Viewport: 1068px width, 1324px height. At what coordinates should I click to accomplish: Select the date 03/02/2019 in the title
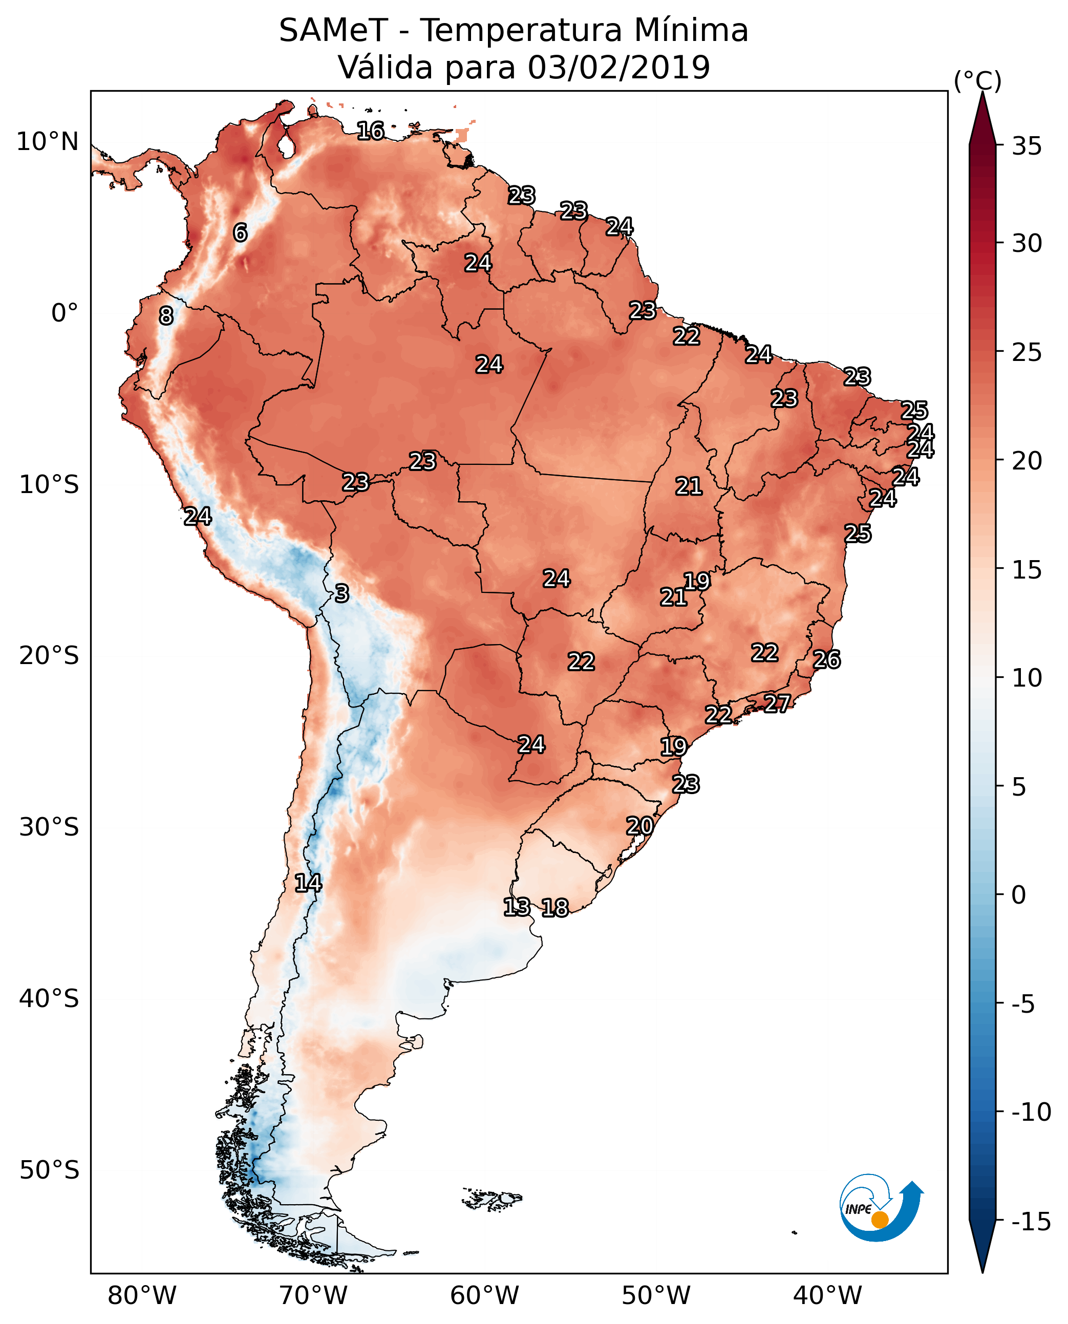619,67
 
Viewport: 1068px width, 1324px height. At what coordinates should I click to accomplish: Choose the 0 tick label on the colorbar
1019,894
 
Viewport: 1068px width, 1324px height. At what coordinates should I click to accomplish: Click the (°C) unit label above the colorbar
977,80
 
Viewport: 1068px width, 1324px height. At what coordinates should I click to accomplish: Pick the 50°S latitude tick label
49,1169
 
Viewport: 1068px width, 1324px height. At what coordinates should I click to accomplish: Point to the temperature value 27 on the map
777,702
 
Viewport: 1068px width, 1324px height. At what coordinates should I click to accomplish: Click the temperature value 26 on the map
826,659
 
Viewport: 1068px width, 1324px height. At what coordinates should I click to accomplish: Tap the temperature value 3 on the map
341,593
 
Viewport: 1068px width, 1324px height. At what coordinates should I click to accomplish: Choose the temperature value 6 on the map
240,232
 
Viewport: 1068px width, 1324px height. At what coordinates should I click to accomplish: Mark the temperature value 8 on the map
165,315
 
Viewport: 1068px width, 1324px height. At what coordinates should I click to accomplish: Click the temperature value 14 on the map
308,883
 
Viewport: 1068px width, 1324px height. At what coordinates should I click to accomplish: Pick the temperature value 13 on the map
516,906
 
